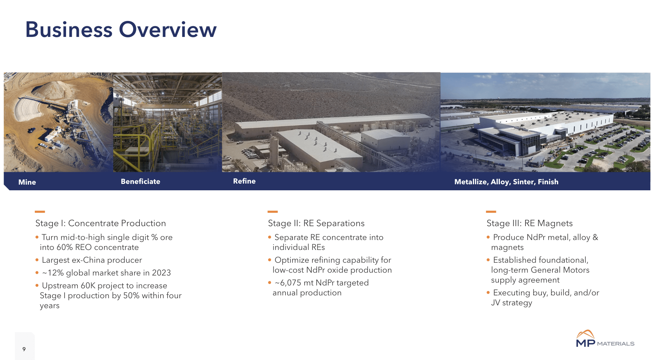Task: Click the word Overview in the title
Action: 168,29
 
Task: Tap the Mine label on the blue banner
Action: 27,182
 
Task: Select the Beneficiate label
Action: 140,181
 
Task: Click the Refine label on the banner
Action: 244,181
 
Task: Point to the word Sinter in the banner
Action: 523,182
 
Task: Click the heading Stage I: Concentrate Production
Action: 100,223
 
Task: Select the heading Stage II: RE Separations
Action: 316,223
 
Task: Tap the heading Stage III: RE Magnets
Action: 529,223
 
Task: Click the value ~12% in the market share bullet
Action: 53,273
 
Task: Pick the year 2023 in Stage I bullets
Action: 161,273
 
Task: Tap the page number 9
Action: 24,349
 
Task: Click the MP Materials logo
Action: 605,339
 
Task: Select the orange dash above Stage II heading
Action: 272,212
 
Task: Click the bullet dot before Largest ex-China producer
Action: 37,260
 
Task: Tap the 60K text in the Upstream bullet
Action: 88,285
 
